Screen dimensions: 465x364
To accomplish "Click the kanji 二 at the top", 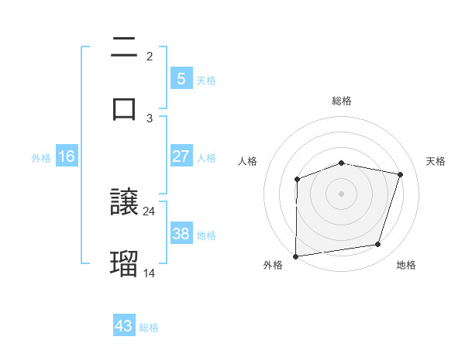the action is pos(124,48).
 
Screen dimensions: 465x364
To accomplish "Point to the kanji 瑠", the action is pos(124,264).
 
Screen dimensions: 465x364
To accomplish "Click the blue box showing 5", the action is pos(181,79).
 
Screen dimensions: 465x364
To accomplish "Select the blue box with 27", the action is pos(181,156).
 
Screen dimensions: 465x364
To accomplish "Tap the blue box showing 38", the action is pos(181,234).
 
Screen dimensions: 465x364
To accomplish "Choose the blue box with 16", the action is pos(67,156).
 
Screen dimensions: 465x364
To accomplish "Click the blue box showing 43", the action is pos(124,326).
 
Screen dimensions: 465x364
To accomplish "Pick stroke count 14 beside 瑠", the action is pos(150,273).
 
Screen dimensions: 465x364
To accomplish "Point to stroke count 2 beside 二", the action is pos(150,57).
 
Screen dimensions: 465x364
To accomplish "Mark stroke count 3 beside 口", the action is pos(150,118).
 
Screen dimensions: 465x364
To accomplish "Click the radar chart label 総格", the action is pos(341,101).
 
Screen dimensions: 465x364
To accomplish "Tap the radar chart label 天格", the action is pos(436,161).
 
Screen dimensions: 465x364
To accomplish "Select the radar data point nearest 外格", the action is pos(296,256).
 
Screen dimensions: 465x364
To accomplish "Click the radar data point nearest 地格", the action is pos(378,245).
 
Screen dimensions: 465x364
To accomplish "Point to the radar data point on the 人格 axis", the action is pos(297,180).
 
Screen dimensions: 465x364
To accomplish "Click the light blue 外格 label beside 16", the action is pos(41,157).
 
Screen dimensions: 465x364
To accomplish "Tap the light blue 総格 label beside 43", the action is pos(149,328).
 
